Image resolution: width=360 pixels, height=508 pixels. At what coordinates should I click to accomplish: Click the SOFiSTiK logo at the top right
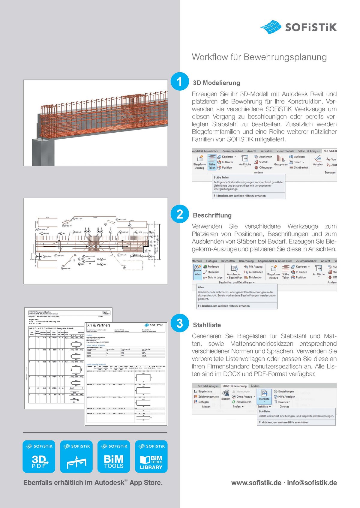(x=298, y=27)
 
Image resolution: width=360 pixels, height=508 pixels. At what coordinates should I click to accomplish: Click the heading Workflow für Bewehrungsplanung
(x=259, y=57)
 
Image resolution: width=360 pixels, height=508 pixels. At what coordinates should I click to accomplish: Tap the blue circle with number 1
(x=179, y=81)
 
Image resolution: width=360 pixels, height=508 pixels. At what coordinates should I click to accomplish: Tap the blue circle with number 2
(x=179, y=214)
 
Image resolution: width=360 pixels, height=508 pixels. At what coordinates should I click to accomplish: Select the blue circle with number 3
(x=179, y=323)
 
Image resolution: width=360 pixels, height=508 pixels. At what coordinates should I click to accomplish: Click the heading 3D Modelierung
(x=216, y=83)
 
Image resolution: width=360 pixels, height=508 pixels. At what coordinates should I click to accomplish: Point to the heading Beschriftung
(x=212, y=215)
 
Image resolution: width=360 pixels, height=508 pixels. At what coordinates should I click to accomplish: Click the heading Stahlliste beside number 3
(x=207, y=325)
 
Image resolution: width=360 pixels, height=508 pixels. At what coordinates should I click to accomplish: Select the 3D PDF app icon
(x=39, y=456)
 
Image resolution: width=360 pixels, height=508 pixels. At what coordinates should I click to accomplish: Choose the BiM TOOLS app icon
(x=114, y=456)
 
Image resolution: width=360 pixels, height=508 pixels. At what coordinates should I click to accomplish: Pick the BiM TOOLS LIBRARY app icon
(x=151, y=456)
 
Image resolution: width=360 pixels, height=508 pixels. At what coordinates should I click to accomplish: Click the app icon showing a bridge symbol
(x=76, y=456)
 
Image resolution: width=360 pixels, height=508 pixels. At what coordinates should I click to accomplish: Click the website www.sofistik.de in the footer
(x=256, y=483)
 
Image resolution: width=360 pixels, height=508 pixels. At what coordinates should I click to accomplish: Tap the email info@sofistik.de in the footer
(x=312, y=483)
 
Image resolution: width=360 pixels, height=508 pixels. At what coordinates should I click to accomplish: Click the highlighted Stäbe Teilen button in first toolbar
(x=212, y=162)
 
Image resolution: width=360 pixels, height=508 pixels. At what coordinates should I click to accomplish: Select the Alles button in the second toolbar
(x=198, y=270)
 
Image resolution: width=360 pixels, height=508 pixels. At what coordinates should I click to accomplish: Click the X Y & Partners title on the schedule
(x=99, y=325)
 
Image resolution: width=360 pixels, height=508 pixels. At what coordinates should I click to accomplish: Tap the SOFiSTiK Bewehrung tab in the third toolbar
(x=234, y=386)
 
